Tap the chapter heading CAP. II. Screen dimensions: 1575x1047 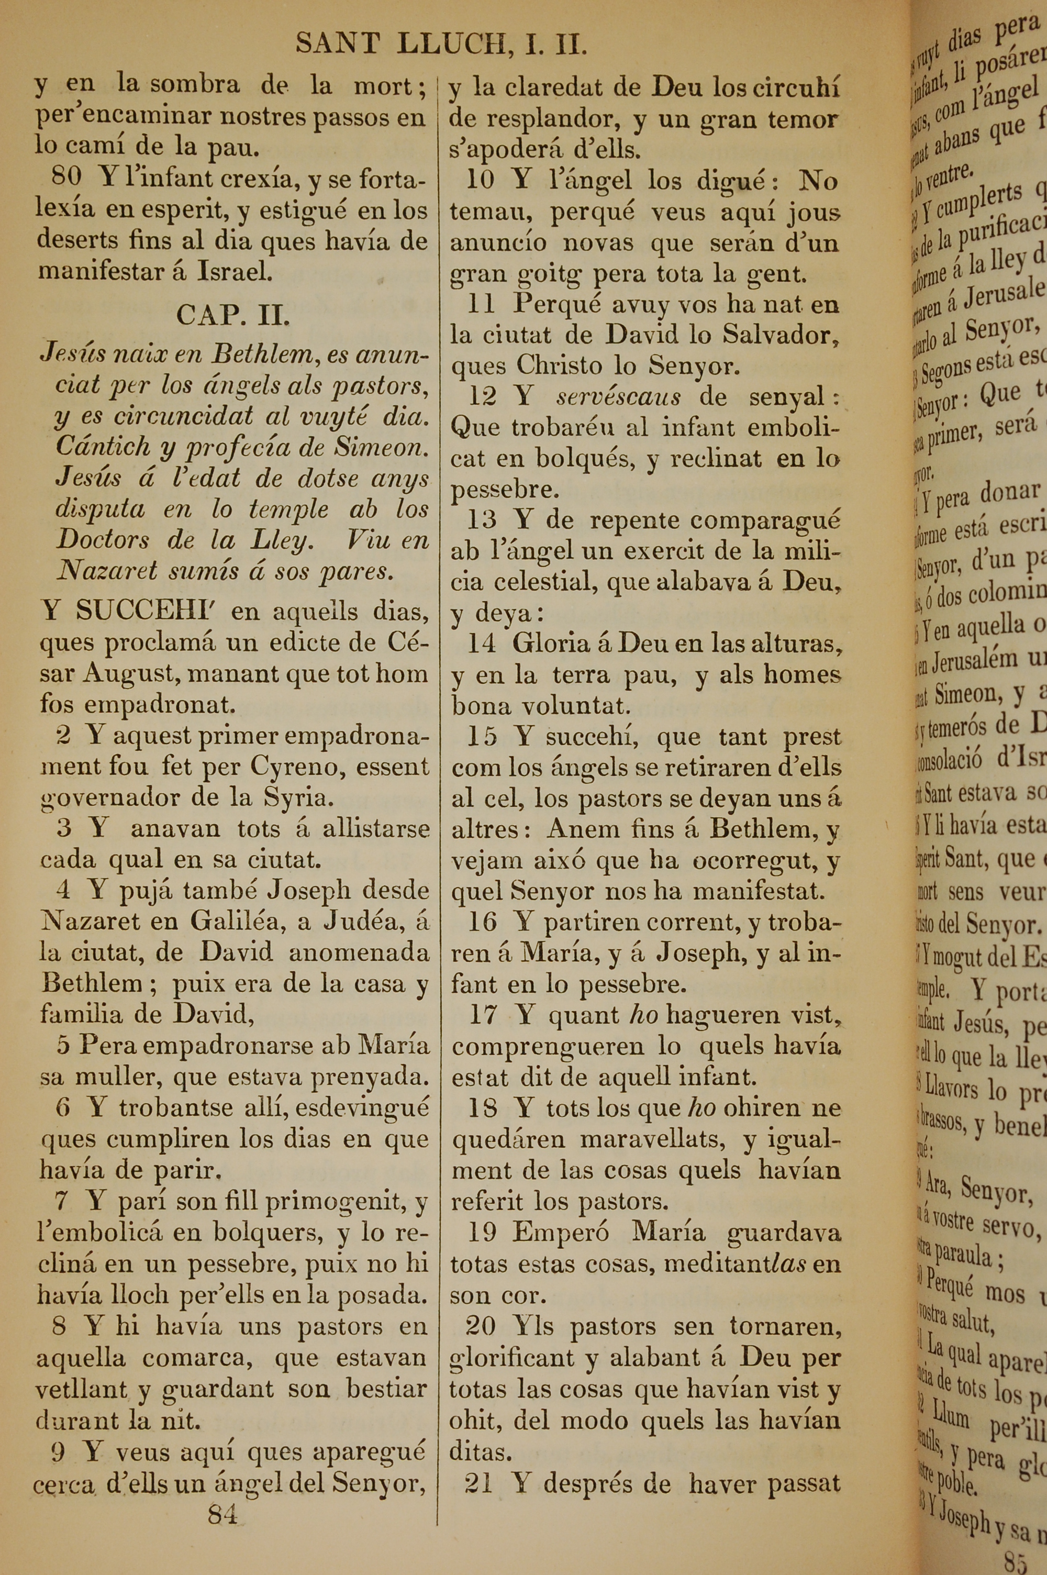[x=233, y=315]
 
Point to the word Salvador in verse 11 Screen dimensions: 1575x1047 [x=776, y=335]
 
